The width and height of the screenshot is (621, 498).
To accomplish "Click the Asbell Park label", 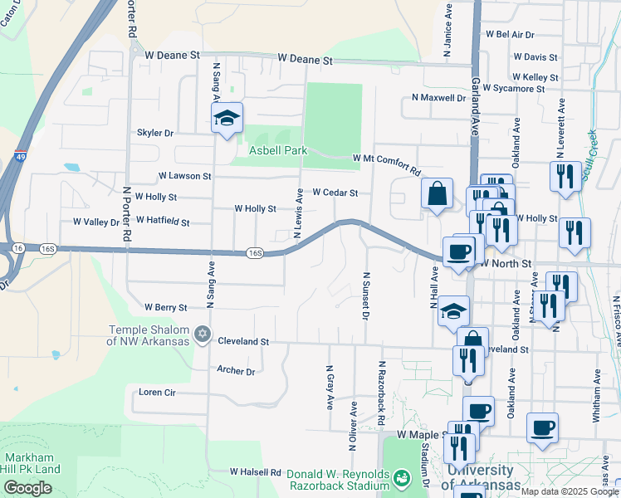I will click(279, 150).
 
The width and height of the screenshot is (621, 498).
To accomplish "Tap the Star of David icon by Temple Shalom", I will click(202, 334).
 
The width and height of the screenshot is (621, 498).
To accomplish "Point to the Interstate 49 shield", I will click(19, 155).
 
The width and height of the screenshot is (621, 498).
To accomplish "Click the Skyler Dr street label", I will click(155, 133).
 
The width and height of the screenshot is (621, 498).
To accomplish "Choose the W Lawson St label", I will click(184, 176).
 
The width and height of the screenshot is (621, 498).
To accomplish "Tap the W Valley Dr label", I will click(96, 222).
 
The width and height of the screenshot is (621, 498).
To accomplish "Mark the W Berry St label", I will click(165, 307).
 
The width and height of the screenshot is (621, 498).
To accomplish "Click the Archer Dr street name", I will click(235, 371).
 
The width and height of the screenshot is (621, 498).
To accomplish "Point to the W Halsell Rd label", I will click(257, 471).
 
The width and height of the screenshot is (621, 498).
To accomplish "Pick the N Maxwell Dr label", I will click(438, 98).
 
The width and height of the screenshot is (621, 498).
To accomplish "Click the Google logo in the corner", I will click(27, 488).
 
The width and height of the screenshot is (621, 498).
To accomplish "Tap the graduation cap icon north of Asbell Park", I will click(226, 119).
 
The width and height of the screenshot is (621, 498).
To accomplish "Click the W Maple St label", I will click(423, 434).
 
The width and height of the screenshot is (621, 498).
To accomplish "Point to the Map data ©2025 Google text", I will click(570, 491).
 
